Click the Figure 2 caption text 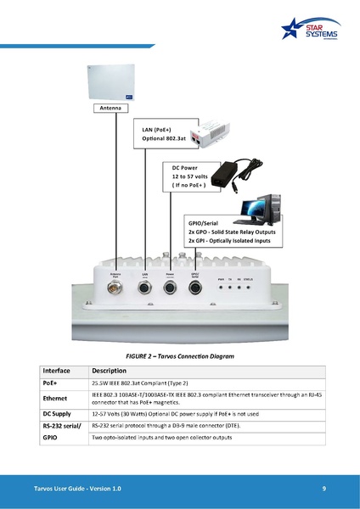[x=179, y=355]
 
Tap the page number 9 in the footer [x=324, y=489]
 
